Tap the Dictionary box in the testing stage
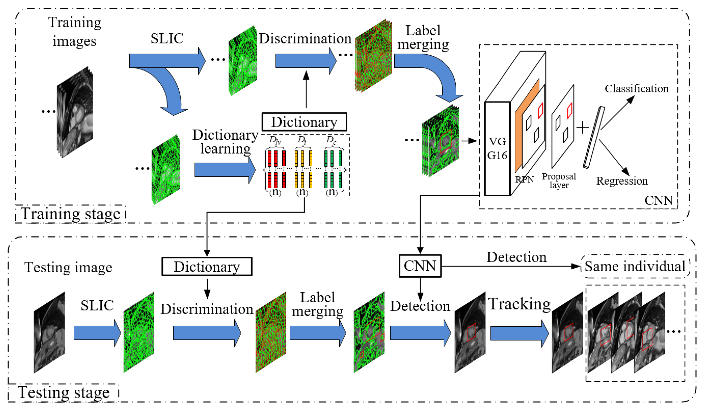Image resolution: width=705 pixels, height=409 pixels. (x=207, y=267)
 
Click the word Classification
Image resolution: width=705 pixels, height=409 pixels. (x=637, y=89)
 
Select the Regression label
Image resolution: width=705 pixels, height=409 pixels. (x=622, y=181)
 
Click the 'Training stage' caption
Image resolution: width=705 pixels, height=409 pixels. (x=70, y=214)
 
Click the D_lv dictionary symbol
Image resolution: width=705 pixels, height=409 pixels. (x=275, y=140)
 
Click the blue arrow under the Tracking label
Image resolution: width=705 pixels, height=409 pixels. (x=519, y=334)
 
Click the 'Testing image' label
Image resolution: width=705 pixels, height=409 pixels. (x=68, y=267)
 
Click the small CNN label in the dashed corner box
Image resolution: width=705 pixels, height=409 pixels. (x=659, y=201)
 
